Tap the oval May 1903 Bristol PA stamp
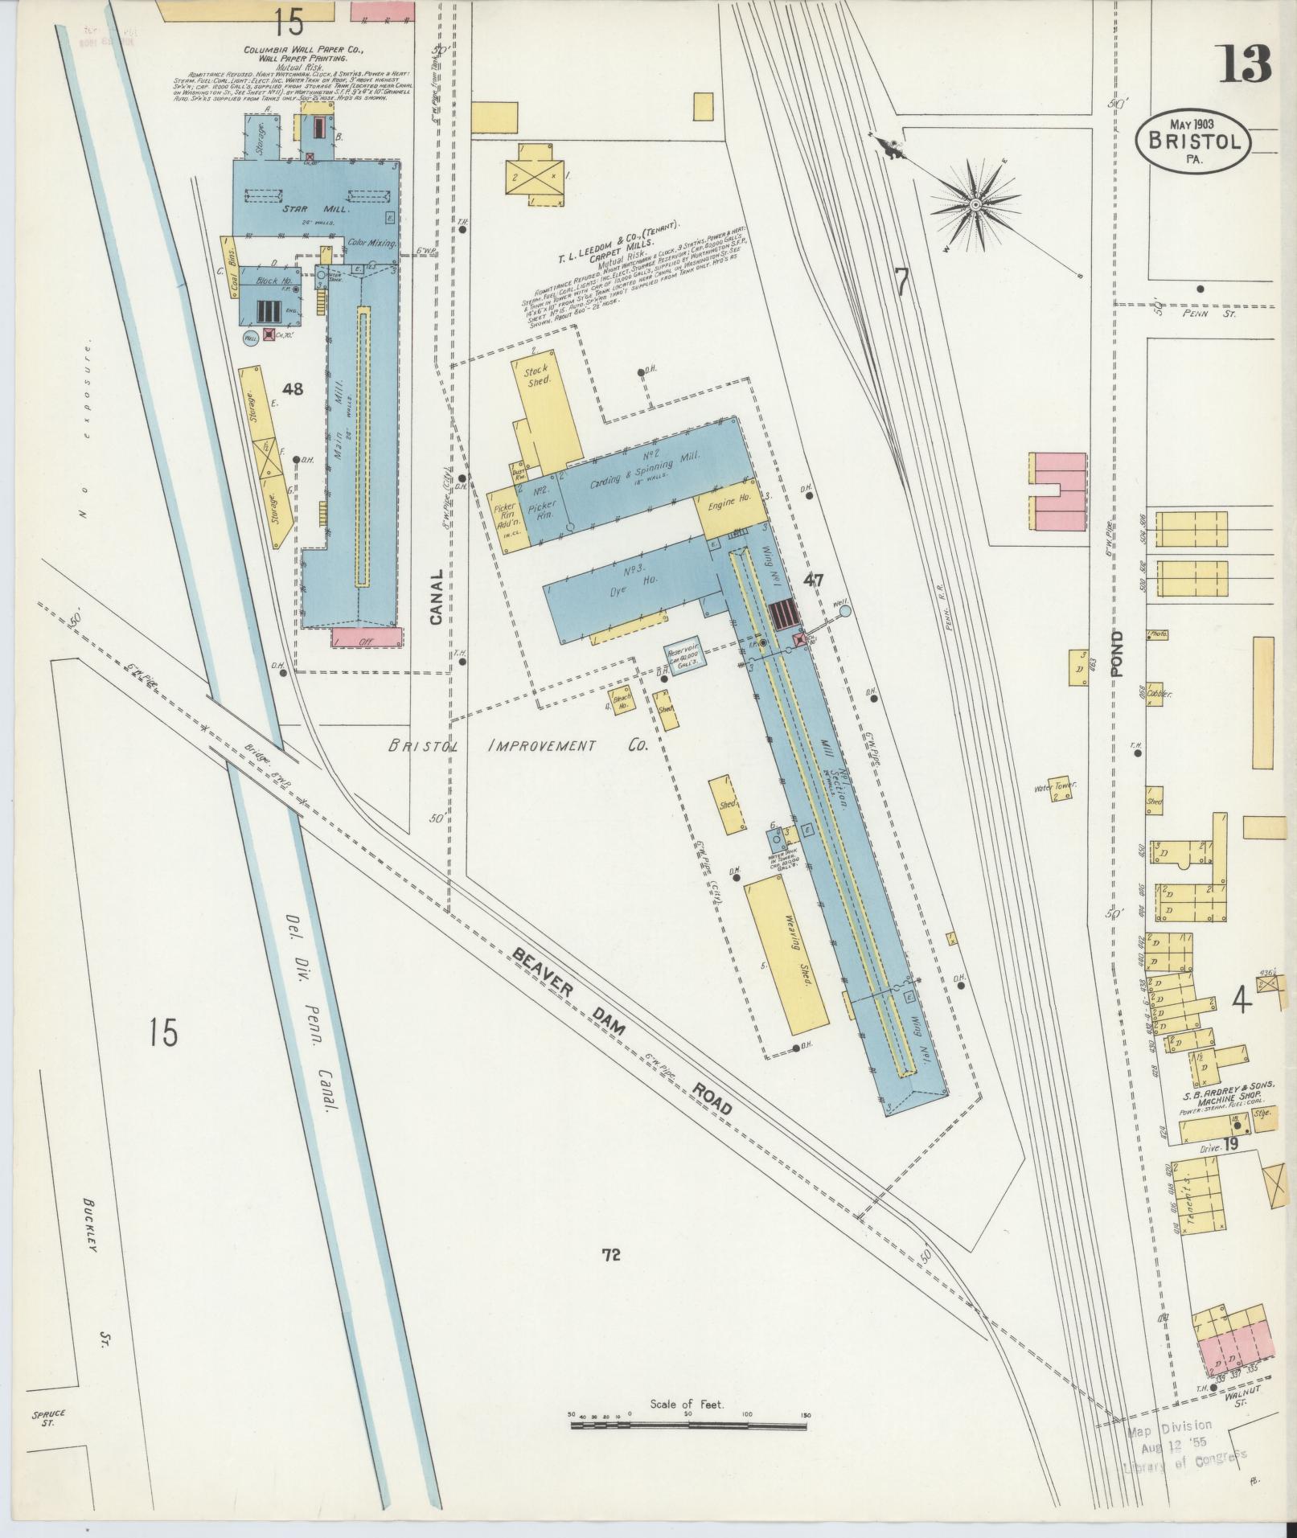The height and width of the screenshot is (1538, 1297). (1193, 141)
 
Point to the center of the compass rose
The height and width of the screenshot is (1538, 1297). (974, 205)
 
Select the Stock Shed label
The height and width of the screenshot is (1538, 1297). (536, 375)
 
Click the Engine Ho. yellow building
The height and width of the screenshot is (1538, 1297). (729, 507)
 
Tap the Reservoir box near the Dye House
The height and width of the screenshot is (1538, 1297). (683, 659)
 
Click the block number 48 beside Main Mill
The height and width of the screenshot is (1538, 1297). (293, 389)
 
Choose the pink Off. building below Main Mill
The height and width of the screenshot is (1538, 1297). (367, 638)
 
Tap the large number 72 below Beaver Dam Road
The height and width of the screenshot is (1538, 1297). (610, 1277)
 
